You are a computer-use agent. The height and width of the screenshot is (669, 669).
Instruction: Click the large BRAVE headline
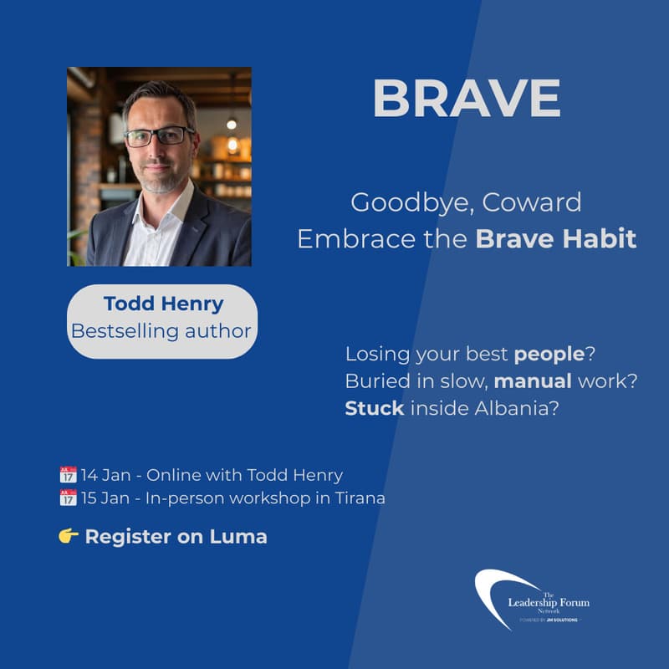pyautogui.click(x=466, y=100)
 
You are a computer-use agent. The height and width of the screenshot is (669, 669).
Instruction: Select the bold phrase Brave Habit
pyautogui.click(x=556, y=239)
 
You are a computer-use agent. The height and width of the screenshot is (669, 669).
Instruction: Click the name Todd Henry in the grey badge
pyautogui.click(x=162, y=303)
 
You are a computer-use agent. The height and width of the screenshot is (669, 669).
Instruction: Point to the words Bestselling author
pyautogui.click(x=161, y=330)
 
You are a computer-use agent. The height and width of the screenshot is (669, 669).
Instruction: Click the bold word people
pyautogui.click(x=549, y=354)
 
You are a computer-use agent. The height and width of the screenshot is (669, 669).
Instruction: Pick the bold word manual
pyautogui.click(x=533, y=382)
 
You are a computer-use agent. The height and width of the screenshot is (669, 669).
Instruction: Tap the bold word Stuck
pyautogui.click(x=375, y=410)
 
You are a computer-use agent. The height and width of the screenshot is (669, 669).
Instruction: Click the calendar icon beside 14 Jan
pyautogui.click(x=68, y=475)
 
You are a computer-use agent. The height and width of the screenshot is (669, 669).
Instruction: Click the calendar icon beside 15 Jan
pyautogui.click(x=68, y=498)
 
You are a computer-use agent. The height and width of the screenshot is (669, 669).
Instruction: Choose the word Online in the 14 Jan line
pyautogui.click(x=171, y=475)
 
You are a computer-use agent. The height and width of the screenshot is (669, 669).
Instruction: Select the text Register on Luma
pyautogui.click(x=176, y=537)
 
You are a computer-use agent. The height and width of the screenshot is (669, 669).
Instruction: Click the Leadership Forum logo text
pyautogui.click(x=548, y=602)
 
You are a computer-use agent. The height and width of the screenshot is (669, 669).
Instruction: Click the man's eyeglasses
pyautogui.click(x=159, y=136)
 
